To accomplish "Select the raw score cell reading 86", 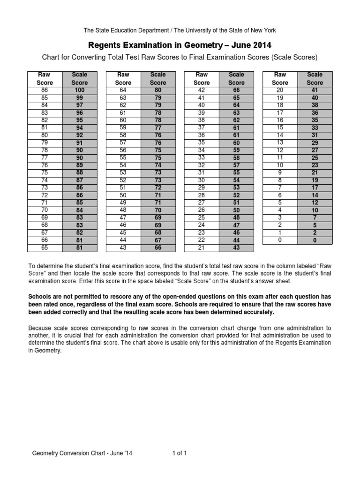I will pyautogui.click(x=45, y=90).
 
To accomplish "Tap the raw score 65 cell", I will pyautogui.click(x=45, y=247).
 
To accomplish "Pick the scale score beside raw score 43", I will pyautogui.click(x=157, y=247).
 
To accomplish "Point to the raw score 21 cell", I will pyautogui.click(x=202, y=247).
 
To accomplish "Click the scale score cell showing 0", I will pyautogui.click(x=315, y=240).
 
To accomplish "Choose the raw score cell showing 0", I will pyautogui.click(x=280, y=240).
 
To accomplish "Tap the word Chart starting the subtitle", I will pyautogui.click(x=52, y=58).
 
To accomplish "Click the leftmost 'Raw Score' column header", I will pyautogui.click(x=45, y=78).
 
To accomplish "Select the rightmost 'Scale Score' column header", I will pyautogui.click(x=315, y=78).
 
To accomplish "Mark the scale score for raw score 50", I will pyautogui.click(x=157, y=195).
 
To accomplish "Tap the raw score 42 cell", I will pyautogui.click(x=202, y=90).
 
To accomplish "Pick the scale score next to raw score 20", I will pyautogui.click(x=315, y=90).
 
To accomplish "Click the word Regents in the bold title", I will pyautogui.click(x=105, y=45).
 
